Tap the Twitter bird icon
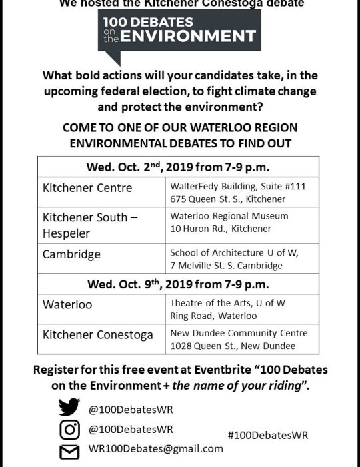70,407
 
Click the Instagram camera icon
70,429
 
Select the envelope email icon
70,451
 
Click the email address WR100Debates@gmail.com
155,449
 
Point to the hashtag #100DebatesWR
267,434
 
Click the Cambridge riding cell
72,254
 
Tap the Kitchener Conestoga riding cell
97,334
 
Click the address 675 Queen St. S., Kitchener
227,199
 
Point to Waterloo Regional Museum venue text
229,216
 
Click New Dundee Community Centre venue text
239,333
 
